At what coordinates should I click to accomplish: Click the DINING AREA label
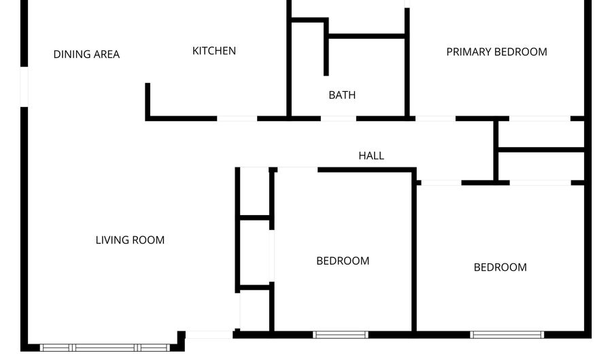tap(86, 54)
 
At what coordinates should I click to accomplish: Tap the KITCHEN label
tap(214, 51)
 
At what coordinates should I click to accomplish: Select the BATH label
tap(342, 95)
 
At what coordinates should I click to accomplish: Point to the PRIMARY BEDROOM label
tap(496, 52)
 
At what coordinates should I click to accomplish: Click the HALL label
tap(371, 156)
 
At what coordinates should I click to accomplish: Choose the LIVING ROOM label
tap(130, 240)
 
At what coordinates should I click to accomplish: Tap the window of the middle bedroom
tap(340, 334)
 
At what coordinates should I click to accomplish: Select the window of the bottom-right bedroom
tap(507, 334)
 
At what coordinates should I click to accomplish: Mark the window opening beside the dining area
tap(24, 86)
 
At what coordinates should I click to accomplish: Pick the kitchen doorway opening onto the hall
tap(237, 118)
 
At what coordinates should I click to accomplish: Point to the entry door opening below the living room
tap(209, 334)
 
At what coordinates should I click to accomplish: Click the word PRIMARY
tap(469, 52)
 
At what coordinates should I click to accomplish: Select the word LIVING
tap(112, 240)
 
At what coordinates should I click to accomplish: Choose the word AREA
tap(107, 54)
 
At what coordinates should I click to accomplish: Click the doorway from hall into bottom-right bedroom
tap(441, 182)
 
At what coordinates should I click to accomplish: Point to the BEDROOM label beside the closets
tap(343, 261)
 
